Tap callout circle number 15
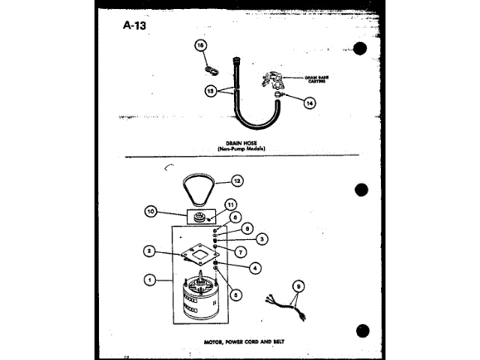pyautogui.click(x=200, y=46)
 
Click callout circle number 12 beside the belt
pyautogui.click(x=237, y=180)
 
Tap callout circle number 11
pyautogui.click(x=231, y=204)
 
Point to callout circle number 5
pyautogui.click(x=236, y=295)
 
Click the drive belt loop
pyautogui.click(x=199, y=190)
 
